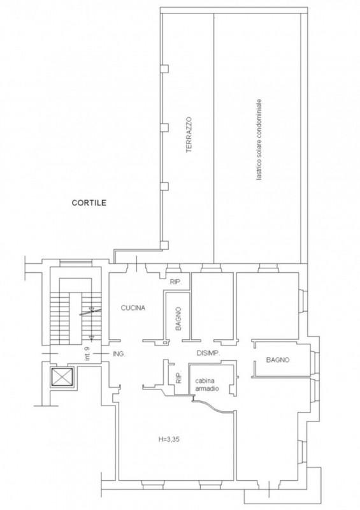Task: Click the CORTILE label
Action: click(x=89, y=203)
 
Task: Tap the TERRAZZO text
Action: click(x=189, y=135)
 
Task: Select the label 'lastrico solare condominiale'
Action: click(x=259, y=140)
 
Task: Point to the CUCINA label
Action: click(x=133, y=308)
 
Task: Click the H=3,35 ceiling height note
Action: click(x=169, y=440)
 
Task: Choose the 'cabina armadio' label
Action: click(x=207, y=384)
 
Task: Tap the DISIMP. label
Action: click(x=208, y=353)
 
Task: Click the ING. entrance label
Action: click(x=119, y=354)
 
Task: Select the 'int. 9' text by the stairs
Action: click(x=87, y=354)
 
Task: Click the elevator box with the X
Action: click(x=62, y=377)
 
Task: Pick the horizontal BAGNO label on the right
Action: click(x=278, y=360)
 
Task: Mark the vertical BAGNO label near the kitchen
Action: click(x=178, y=319)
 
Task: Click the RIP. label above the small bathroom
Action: click(x=175, y=282)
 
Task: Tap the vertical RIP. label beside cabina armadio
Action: click(x=178, y=378)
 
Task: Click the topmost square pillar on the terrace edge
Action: click(x=165, y=69)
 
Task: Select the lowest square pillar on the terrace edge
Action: click(x=165, y=245)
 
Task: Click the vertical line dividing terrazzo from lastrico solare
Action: click(x=213, y=138)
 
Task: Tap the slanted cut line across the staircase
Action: click(x=90, y=312)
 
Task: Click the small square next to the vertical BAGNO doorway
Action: click(x=165, y=343)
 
